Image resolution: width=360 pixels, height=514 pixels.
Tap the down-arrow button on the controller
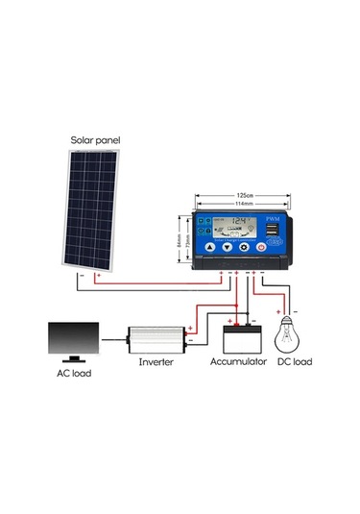[228, 247]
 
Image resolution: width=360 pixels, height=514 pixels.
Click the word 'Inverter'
[156, 363]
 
